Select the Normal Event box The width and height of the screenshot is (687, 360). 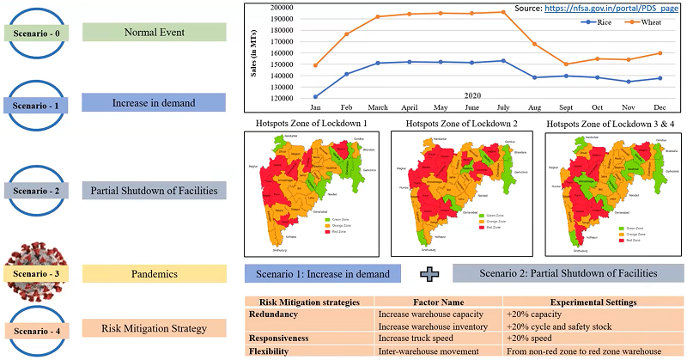pos(155,33)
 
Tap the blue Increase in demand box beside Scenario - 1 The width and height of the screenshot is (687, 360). pos(155,103)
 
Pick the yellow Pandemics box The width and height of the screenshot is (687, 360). pos(155,274)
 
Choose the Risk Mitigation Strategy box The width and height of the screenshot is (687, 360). pos(155,328)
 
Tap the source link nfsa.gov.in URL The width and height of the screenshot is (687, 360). pos(611,8)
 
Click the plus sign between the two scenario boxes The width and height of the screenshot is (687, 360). pos(427,274)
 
